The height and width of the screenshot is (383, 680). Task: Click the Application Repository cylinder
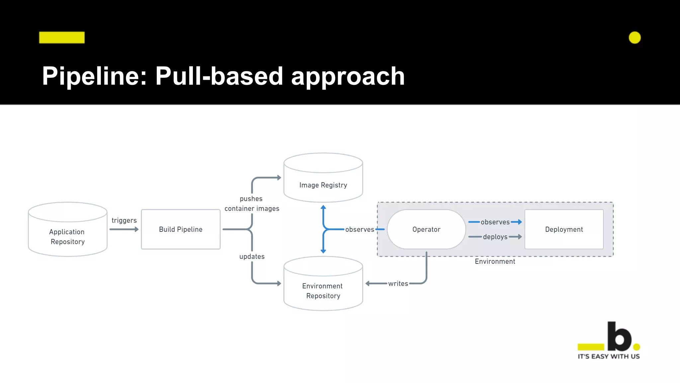click(67, 233)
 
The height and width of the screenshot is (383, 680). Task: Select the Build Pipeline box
click(181, 229)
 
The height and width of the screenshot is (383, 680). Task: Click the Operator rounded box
click(426, 229)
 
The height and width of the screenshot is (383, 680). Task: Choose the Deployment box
click(564, 229)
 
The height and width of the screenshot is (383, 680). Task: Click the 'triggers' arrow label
click(124, 220)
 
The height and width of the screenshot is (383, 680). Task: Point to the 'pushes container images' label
click(252, 203)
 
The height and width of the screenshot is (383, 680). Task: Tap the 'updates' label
click(252, 257)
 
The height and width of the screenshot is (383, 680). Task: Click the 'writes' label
click(398, 284)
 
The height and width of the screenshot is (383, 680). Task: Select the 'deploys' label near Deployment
click(495, 237)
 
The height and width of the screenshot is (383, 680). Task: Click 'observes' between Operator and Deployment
click(495, 222)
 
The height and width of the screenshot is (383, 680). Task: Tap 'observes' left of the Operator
click(360, 229)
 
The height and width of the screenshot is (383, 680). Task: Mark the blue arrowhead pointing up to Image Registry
click(323, 207)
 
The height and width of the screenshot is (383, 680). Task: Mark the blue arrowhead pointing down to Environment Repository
click(323, 251)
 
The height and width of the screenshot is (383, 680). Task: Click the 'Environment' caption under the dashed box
click(495, 262)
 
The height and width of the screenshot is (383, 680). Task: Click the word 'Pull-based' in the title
click(219, 76)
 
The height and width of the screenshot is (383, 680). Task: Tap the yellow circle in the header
click(635, 38)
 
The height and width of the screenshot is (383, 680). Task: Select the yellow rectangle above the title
click(62, 38)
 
